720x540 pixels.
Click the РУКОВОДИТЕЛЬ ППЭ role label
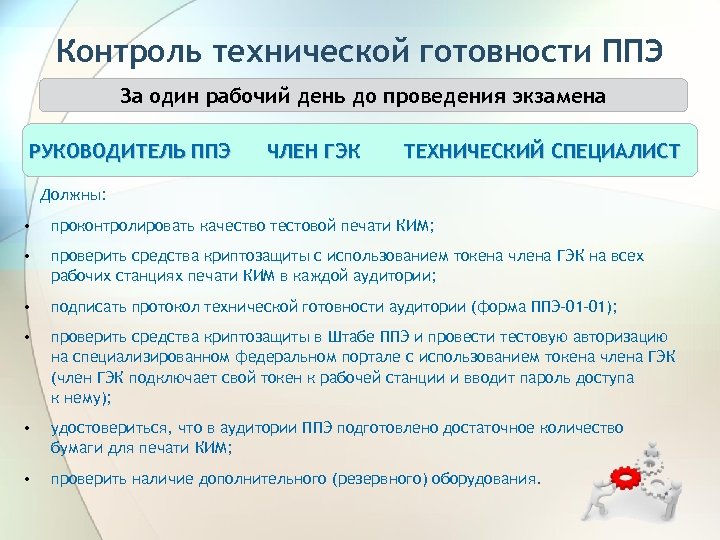point(131,152)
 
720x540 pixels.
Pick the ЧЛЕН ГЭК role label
point(314,152)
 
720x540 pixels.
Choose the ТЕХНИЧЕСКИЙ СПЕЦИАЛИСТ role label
point(541,152)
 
